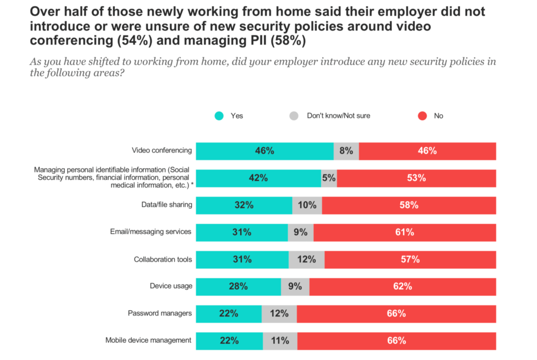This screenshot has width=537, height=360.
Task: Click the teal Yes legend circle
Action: (x=219, y=116)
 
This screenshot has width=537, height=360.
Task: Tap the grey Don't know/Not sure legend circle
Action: (x=294, y=116)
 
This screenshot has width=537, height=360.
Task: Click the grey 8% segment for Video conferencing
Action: (x=346, y=151)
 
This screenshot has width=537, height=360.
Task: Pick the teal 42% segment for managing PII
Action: (x=258, y=178)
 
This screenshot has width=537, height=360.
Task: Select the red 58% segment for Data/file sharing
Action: (x=409, y=205)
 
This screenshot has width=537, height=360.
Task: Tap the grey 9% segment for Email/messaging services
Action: (x=300, y=232)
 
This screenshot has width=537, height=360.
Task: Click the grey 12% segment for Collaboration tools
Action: (x=306, y=259)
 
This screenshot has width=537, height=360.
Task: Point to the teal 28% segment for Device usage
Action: (x=238, y=286)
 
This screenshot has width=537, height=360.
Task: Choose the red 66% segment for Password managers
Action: (x=396, y=313)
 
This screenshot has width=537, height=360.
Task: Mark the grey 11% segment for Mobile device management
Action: (x=280, y=341)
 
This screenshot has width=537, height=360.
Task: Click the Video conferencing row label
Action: (x=162, y=151)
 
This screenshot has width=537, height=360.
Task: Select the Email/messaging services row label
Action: (x=151, y=232)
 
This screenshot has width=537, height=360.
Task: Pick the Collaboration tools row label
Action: (x=163, y=259)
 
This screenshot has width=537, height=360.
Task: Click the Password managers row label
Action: (x=160, y=313)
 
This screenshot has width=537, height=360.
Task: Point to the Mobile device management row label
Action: (x=148, y=341)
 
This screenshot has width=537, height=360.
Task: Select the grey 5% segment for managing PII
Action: (x=329, y=178)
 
